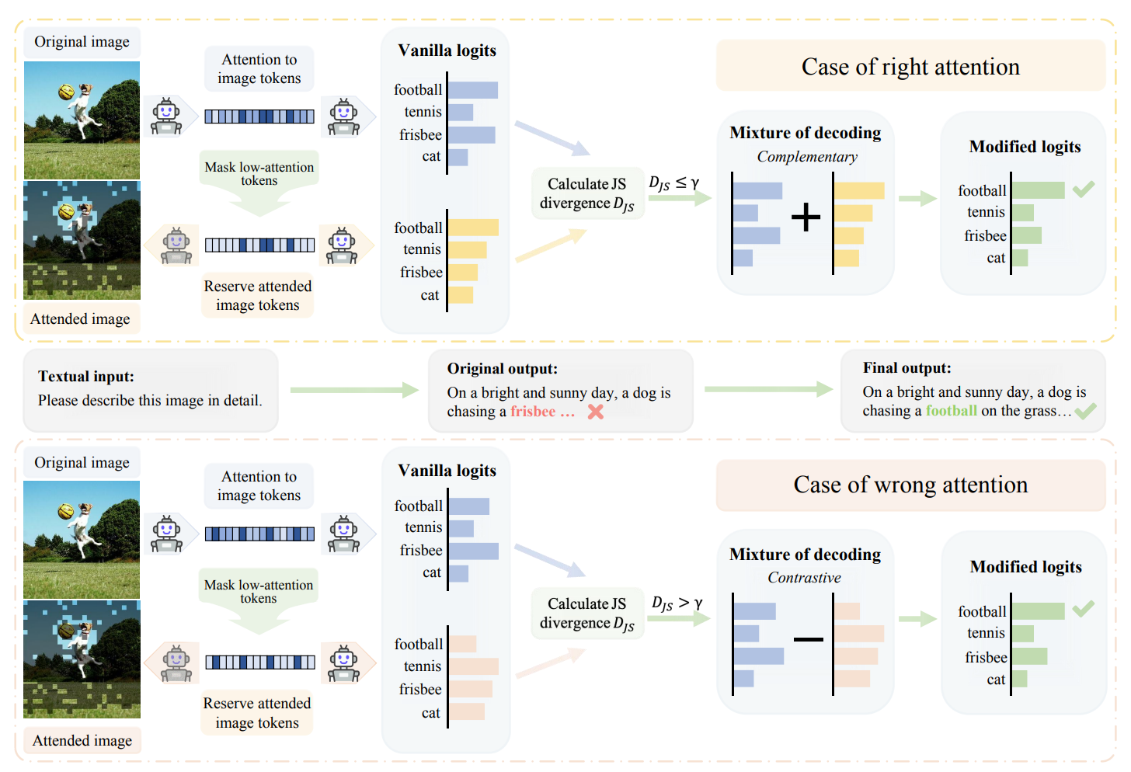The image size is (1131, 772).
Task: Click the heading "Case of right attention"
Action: (910, 67)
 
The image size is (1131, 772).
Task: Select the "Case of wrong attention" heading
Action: (910, 485)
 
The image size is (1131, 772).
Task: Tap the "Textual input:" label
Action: (86, 377)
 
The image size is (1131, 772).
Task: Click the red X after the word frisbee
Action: (596, 412)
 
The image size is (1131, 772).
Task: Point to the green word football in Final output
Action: (952, 411)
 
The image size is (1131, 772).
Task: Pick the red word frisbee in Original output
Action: (533, 412)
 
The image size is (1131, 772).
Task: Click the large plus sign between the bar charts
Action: (806, 217)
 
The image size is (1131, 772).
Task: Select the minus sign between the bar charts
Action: (808, 639)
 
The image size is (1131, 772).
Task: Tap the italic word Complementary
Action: (807, 157)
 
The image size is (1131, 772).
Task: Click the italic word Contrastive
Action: (804, 578)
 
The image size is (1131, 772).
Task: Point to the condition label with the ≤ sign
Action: (674, 183)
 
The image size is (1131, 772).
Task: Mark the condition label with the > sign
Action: (677, 603)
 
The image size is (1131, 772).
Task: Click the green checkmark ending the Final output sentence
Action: (1086, 411)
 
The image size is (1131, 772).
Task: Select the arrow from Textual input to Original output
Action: (354, 390)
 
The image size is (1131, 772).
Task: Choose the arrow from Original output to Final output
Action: (768, 389)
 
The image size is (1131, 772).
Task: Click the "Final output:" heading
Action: (907, 368)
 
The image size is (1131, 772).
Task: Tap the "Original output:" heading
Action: (502, 369)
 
